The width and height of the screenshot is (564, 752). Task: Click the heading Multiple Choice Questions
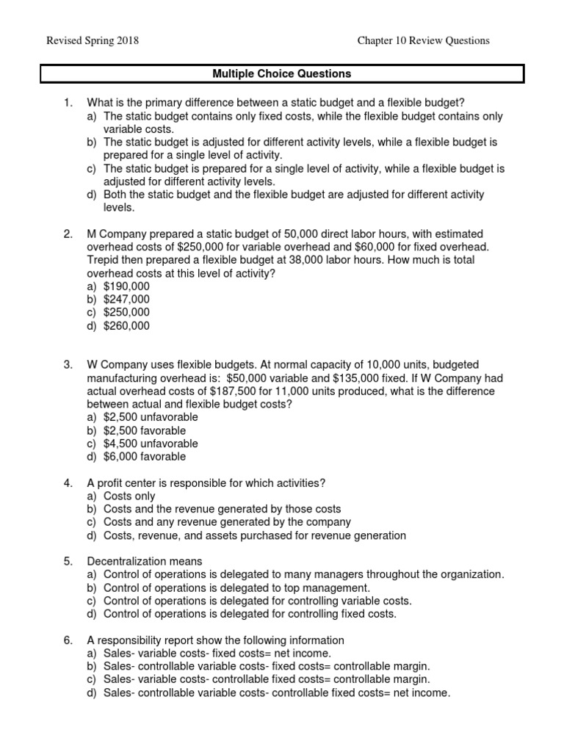tap(282, 74)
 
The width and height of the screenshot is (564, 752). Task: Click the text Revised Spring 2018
tap(93, 40)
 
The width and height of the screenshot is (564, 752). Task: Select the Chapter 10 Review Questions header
tap(423, 40)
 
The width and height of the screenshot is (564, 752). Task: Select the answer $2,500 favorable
tap(145, 430)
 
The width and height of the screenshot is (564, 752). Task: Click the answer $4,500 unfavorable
tap(151, 444)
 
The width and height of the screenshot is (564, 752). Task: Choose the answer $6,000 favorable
tap(145, 457)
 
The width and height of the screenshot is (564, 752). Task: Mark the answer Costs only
tap(129, 496)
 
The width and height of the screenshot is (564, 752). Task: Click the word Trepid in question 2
tap(104, 260)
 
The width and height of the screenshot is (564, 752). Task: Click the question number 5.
tap(68, 562)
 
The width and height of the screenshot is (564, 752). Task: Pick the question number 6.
tap(68, 640)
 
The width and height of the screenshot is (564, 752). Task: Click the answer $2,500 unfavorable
tap(151, 417)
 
